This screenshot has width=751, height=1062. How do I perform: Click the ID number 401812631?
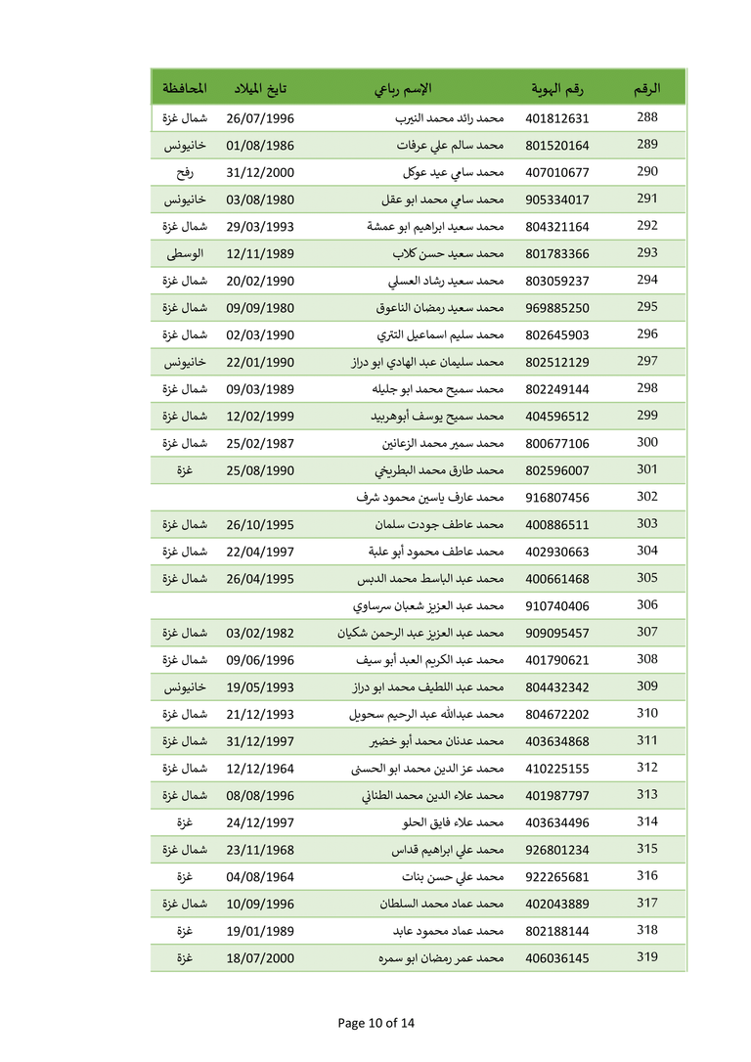coord(557,118)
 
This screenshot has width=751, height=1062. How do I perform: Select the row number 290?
coord(647,172)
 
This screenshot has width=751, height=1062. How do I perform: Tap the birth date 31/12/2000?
coord(260,173)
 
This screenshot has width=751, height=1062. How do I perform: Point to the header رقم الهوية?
coord(557,89)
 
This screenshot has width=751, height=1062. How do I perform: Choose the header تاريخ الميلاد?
coord(260,89)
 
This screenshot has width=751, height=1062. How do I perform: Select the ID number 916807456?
coord(557,498)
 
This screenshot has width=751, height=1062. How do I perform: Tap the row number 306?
coord(647,604)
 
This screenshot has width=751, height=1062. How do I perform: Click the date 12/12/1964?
coord(260,769)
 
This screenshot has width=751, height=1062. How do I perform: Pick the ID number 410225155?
coord(557,769)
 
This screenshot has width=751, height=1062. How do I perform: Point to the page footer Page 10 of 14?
coord(375,1024)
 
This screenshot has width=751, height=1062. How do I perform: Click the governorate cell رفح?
coord(184,172)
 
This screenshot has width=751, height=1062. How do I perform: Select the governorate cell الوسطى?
coord(184,253)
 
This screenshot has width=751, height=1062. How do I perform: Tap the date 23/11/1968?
coord(260,850)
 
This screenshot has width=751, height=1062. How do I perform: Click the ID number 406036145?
coord(557,958)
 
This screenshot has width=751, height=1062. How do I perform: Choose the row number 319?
coord(647,957)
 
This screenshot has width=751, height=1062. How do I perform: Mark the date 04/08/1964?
coord(260,877)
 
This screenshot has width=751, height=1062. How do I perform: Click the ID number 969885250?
coord(557,308)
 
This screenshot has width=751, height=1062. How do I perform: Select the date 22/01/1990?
coord(260,362)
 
